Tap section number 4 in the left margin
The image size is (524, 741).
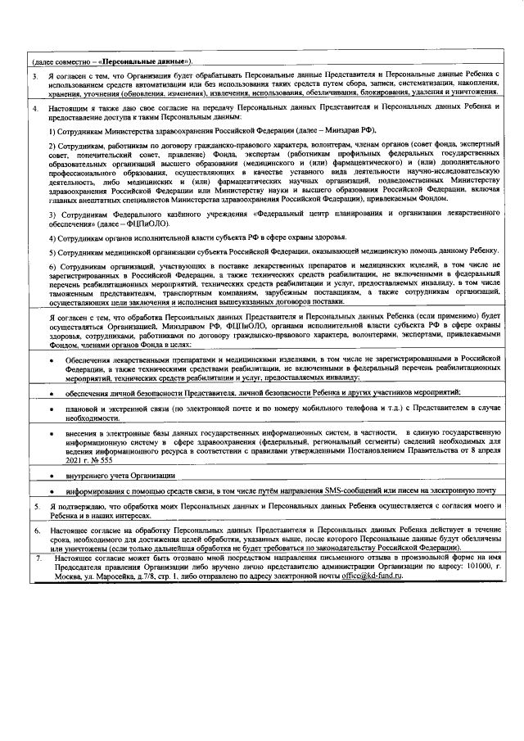[x=35, y=107]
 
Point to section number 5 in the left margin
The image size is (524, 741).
[x=35, y=508]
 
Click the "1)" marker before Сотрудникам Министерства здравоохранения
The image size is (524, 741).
[x=52, y=131]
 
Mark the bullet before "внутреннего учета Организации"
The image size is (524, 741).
[x=53, y=476]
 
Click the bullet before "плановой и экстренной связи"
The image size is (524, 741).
[x=53, y=407]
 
